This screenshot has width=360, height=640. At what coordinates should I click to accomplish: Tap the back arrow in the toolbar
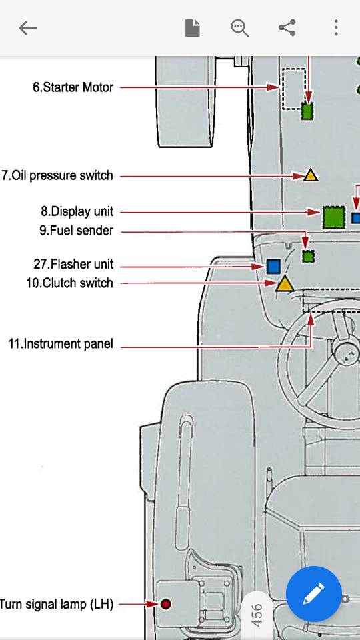(28, 28)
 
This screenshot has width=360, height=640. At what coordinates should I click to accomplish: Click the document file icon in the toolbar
(192, 28)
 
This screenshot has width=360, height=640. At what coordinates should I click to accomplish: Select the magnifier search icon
(239, 28)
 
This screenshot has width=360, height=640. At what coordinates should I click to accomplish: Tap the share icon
(287, 28)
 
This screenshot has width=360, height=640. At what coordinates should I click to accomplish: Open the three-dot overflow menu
(335, 28)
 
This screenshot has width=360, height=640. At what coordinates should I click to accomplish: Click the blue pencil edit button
(313, 594)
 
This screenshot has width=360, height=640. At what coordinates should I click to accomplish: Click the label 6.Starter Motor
(73, 87)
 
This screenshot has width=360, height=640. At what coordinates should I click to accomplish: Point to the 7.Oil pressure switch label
(57, 175)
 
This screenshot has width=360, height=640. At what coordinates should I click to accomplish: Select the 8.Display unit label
(77, 211)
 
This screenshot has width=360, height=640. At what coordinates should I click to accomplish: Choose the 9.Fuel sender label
(76, 230)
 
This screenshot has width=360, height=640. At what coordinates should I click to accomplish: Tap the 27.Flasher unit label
(73, 264)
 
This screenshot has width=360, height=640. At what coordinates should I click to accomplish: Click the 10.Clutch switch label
(69, 283)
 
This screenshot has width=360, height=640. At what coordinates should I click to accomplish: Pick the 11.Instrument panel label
(61, 344)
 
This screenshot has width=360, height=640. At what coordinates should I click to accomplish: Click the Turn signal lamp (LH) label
(56, 604)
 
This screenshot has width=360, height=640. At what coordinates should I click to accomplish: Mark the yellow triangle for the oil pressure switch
(310, 176)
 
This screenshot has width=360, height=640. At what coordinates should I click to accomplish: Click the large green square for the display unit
(334, 217)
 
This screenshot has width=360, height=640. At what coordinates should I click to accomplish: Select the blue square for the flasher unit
(273, 267)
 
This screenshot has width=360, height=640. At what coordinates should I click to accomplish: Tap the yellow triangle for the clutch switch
(285, 284)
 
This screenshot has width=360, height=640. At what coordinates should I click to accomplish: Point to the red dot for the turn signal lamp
(166, 604)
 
